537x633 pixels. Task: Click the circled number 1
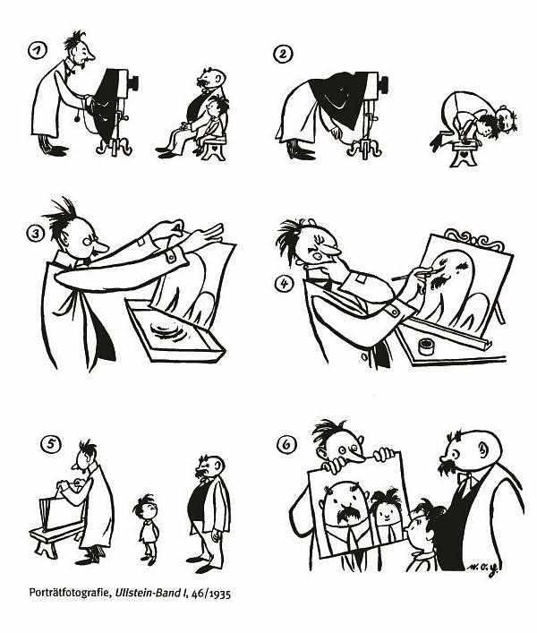point(38,50)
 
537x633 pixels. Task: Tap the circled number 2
point(283,54)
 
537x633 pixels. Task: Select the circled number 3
point(36,234)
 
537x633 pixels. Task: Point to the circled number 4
point(284,284)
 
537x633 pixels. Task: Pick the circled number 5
point(51,444)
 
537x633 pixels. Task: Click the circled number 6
point(287,444)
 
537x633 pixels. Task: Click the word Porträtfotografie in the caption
point(70,593)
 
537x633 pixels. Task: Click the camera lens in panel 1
point(133,81)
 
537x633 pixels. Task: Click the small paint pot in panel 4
point(426,346)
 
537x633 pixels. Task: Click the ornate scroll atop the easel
point(475,239)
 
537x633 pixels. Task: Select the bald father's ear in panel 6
point(484,449)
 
